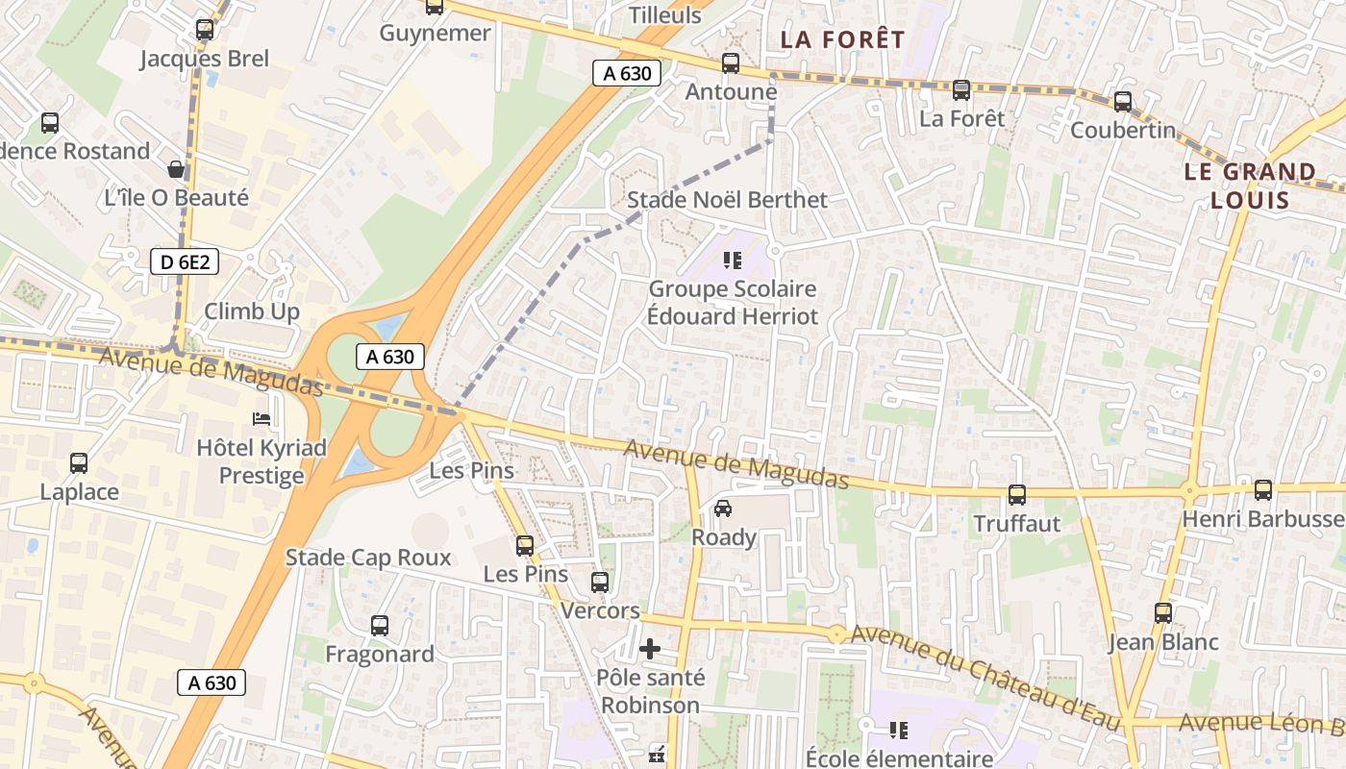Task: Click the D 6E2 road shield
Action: click(x=185, y=260)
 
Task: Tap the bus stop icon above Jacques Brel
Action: click(x=205, y=30)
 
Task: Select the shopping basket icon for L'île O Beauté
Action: click(x=176, y=170)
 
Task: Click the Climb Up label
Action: click(x=252, y=311)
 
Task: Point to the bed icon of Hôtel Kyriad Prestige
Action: click(x=262, y=419)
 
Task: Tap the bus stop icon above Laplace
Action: click(x=79, y=463)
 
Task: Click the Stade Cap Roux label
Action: click(x=368, y=558)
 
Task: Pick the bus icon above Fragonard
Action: click(x=380, y=626)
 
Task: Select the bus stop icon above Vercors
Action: click(x=600, y=583)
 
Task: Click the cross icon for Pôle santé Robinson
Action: click(x=650, y=649)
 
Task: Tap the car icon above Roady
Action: click(x=723, y=509)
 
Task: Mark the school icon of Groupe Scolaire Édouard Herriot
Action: click(x=733, y=260)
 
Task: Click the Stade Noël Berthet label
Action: click(x=727, y=200)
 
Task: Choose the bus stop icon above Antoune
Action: click(x=731, y=63)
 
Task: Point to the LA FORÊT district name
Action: click(x=842, y=39)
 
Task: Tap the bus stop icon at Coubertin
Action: click(x=1123, y=102)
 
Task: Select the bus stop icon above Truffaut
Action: click(x=1017, y=495)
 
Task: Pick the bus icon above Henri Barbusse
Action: click(x=1263, y=490)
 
